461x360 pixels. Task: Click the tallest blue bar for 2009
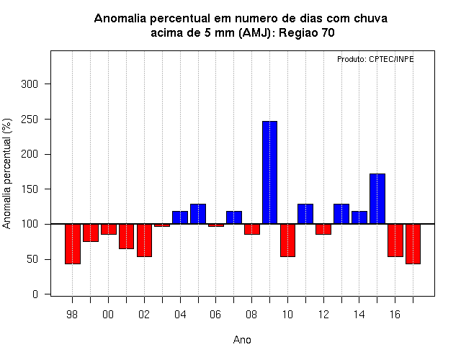pyautogui.click(x=269, y=173)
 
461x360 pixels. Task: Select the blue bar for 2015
pyautogui.click(x=377, y=199)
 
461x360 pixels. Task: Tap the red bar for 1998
pyautogui.click(x=73, y=244)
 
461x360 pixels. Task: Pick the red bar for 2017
pyautogui.click(x=413, y=244)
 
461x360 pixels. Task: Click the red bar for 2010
pyautogui.click(x=287, y=240)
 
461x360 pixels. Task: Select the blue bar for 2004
pyautogui.click(x=180, y=217)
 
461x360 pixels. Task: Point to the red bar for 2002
pyautogui.click(x=144, y=240)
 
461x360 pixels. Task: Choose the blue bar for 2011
pyautogui.click(x=305, y=214)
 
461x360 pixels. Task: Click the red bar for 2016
pyautogui.click(x=395, y=240)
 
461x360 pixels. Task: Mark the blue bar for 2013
pyautogui.click(x=341, y=214)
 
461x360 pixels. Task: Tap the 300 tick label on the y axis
pyautogui.click(x=30, y=84)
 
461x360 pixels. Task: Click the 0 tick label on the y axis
pyautogui.click(x=35, y=294)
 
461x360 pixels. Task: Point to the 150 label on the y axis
pyautogui.click(x=30, y=189)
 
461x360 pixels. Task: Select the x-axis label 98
pyautogui.click(x=72, y=315)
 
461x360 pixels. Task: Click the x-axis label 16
pyautogui.click(x=395, y=315)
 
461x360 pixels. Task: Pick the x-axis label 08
pyautogui.click(x=251, y=315)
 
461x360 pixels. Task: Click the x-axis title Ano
pyautogui.click(x=242, y=340)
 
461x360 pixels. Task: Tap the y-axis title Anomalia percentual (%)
pyautogui.click(x=6, y=174)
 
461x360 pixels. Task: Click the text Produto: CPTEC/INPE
pyautogui.click(x=375, y=59)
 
